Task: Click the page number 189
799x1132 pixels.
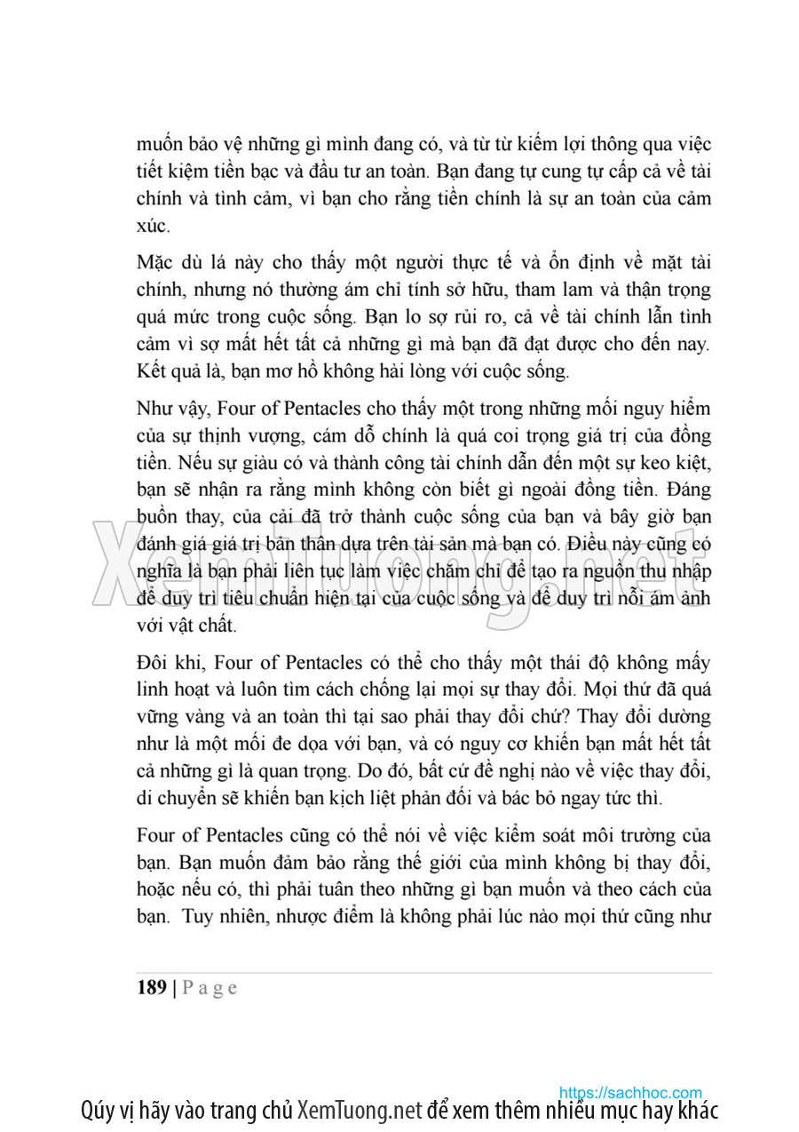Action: (152, 988)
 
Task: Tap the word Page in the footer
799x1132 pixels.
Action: (210, 988)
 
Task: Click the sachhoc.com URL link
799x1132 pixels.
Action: (630, 1093)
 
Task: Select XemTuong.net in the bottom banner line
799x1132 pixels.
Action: (360, 1111)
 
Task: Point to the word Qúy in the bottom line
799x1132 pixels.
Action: (97, 1111)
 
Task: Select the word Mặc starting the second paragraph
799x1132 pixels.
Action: (156, 263)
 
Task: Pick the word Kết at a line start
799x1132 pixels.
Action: (153, 371)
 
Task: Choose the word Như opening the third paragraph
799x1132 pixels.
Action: (154, 409)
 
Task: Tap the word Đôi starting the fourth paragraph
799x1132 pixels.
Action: (154, 662)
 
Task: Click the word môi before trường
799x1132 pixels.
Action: (595, 835)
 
